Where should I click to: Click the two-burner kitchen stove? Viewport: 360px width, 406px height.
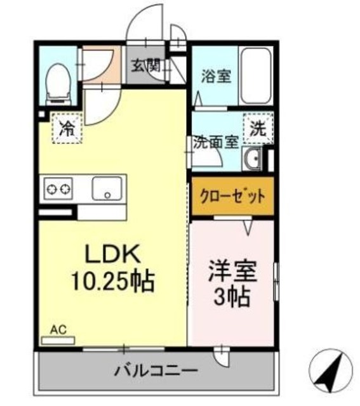tap(58, 188)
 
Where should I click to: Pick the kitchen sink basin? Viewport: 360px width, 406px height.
tap(107, 188)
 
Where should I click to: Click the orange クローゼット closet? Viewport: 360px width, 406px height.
tap(233, 196)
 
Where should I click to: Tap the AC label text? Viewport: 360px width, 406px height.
tap(58, 329)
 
